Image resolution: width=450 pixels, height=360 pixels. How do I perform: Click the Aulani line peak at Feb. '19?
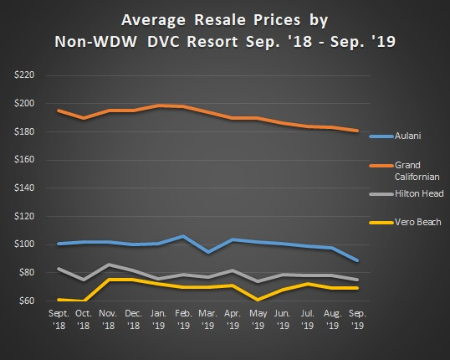click(x=182, y=236)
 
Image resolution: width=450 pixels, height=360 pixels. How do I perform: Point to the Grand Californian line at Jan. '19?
click(x=158, y=106)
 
